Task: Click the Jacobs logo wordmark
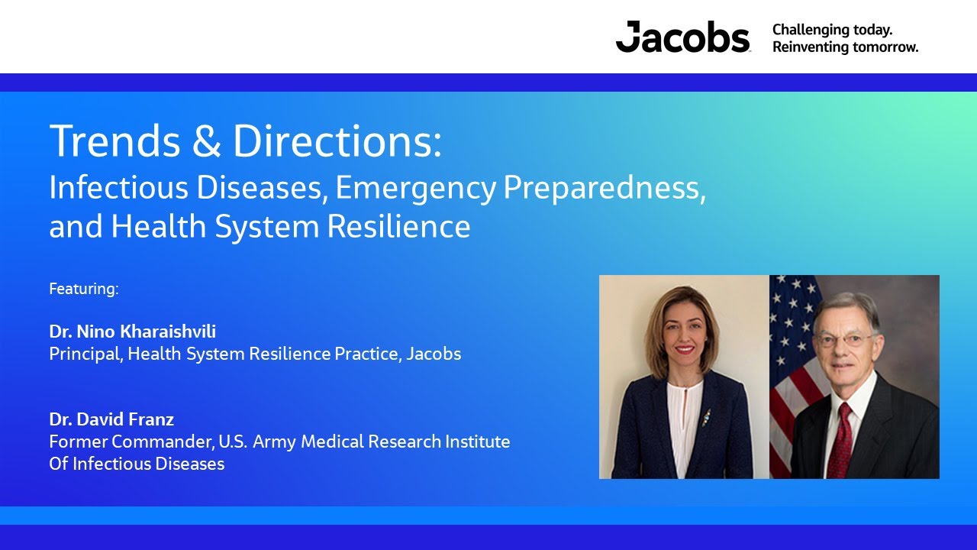coord(682,37)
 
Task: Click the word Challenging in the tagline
coord(809,30)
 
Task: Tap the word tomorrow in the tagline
coord(885,47)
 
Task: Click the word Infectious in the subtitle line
coord(102,188)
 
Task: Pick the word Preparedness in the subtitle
coord(611,188)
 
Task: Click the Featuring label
coord(84,289)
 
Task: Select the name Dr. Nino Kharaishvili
coord(133,332)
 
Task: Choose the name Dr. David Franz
coord(111,419)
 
